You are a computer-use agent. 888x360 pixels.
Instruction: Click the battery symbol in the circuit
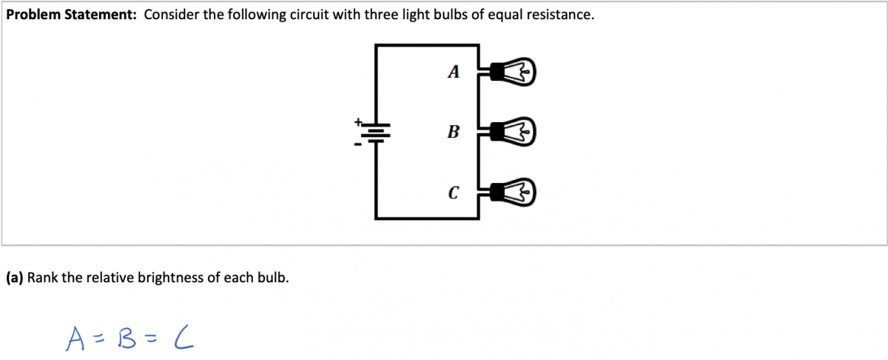pos(377,133)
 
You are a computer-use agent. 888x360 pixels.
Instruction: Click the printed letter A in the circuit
pos(454,72)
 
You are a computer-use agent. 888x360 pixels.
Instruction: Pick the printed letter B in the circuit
pos(454,133)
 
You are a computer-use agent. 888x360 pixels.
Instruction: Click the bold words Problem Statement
pos(71,16)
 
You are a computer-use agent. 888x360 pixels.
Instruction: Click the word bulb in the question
pos(273,278)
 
